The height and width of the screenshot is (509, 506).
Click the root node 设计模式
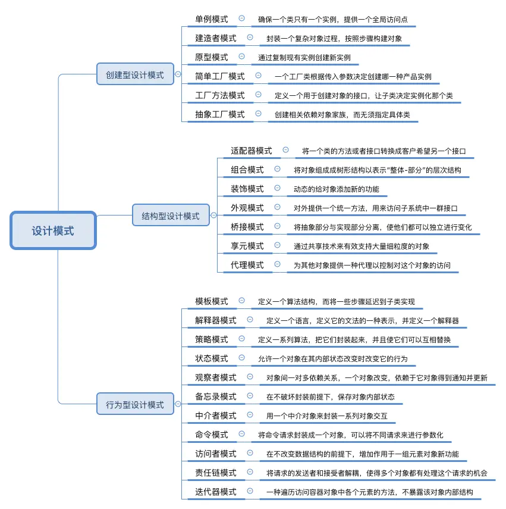click(x=53, y=230)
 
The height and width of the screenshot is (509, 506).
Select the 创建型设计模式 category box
click(x=135, y=75)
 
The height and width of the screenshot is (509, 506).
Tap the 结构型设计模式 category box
click(x=171, y=216)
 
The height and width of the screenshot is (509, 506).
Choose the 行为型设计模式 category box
click(x=135, y=404)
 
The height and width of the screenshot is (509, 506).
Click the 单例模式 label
click(x=212, y=19)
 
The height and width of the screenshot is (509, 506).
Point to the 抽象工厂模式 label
click(x=220, y=114)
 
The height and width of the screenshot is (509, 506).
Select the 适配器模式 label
click(x=252, y=151)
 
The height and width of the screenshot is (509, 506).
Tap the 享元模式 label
click(x=247, y=246)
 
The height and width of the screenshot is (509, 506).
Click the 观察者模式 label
click(x=216, y=377)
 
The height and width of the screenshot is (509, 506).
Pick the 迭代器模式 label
click(x=216, y=492)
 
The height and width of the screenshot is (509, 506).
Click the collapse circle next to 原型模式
click(x=241, y=57)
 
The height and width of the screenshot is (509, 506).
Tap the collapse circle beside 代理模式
click(x=277, y=264)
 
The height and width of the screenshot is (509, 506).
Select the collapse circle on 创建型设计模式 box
click(x=177, y=75)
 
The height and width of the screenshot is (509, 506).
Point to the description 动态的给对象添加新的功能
click(x=336, y=189)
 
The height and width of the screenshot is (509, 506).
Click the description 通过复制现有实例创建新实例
click(x=304, y=58)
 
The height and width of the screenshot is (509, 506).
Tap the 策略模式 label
click(x=212, y=339)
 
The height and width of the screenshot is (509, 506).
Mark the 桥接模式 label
click(x=247, y=227)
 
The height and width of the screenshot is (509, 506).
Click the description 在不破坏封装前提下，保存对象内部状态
click(x=330, y=397)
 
